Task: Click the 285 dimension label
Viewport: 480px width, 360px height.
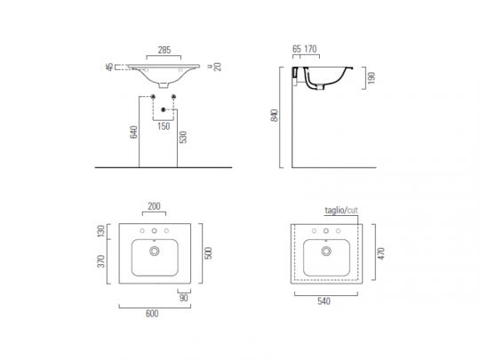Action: pos(164,50)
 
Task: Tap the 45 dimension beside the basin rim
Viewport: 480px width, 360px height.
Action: pos(109,67)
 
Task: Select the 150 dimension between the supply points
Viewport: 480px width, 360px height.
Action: pos(164,126)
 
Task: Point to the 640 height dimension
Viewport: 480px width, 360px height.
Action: pos(133,132)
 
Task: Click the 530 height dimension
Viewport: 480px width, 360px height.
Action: pos(183,137)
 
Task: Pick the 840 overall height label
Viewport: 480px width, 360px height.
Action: pos(275,116)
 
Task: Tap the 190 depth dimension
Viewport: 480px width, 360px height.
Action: pos(372,78)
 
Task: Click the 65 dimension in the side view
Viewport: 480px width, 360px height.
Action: pos(297,49)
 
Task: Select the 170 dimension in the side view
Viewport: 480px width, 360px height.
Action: pos(310,49)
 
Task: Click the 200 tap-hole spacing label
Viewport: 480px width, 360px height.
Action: pos(154,206)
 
